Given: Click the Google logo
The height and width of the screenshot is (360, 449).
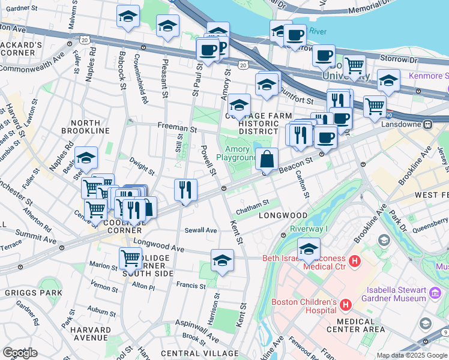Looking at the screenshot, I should click(x=20, y=352).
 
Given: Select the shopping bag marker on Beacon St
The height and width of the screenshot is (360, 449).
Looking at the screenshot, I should click(x=267, y=160).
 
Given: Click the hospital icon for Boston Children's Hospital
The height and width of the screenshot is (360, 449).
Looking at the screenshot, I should click(x=345, y=305).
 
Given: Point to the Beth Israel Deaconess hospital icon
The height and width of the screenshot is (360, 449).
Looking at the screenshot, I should click(x=355, y=261).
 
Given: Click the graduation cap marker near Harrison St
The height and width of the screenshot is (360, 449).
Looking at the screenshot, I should click(x=222, y=261).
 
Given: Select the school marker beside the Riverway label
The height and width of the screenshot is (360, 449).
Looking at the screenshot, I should click(x=309, y=249).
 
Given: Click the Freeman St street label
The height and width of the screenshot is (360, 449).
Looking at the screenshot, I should click(x=177, y=128).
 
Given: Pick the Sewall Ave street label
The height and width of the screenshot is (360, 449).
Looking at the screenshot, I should click(x=200, y=230).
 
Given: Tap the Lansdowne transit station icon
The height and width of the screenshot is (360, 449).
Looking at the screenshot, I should click(x=428, y=124).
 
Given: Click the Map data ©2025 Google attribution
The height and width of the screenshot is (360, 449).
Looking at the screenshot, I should click(x=412, y=355).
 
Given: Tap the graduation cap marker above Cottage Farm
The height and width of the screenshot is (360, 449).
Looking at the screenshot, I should click(x=239, y=105).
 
